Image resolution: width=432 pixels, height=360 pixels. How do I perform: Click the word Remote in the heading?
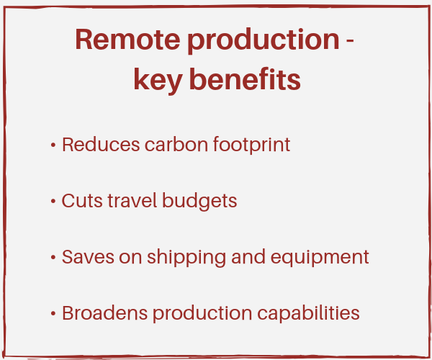point(127,40)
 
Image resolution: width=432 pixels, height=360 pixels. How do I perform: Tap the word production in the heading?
point(264,41)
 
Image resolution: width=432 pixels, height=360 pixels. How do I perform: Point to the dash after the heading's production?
point(350,41)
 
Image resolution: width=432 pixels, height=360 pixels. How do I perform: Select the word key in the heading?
point(158,81)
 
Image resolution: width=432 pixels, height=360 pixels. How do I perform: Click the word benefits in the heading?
point(245,79)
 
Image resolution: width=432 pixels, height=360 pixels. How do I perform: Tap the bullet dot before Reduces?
point(53,145)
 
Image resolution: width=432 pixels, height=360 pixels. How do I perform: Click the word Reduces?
point(101,144)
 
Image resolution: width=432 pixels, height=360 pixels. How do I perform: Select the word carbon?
point(176,144)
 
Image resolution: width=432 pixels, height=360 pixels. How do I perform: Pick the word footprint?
point(251,145)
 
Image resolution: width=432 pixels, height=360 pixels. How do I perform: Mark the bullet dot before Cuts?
point(53,201)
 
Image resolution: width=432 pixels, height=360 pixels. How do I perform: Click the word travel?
point(132,201)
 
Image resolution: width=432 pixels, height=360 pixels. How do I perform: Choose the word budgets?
point(199,202)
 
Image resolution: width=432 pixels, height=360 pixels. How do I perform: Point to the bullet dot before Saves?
point(53,257)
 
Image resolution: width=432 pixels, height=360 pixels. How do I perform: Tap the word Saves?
point(88,257)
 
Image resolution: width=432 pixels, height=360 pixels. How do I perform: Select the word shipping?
point(186,258)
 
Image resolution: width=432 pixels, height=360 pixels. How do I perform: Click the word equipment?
point(320,258)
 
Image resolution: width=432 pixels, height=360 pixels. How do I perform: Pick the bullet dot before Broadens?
point(53,313)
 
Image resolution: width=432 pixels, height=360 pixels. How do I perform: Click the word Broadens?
point(104,313)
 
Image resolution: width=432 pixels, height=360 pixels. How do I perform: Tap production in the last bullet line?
point(202,314)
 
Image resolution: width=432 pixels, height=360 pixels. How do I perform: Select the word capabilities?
point(308,314)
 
